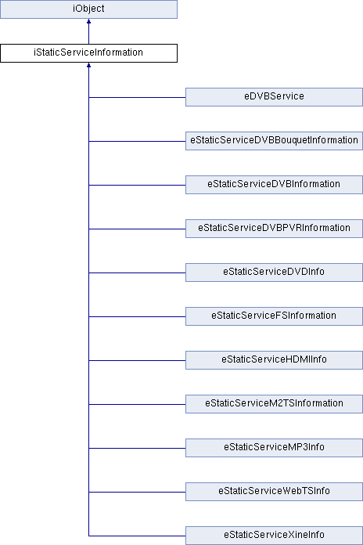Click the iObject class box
pos(88,9)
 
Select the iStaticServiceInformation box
pos(88,53)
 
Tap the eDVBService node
pos(274,97)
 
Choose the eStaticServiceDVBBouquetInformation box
pos(274,141)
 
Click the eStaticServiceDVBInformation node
pos(274,185)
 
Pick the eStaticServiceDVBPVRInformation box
pos(274,229)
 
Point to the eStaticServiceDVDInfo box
pos(274,272)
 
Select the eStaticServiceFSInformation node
pos(274,316)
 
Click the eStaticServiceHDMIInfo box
pos(274,359)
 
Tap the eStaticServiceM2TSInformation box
pos(274,403)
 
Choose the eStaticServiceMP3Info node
pos(274,447)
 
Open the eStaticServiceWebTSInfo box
pos(274,491)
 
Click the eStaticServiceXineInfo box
pos(274,536)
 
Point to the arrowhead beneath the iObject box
pos(88,21)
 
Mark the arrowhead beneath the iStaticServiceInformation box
pos(88,65)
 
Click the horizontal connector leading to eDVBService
pos(137,97)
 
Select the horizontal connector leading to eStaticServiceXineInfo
pos(137,536)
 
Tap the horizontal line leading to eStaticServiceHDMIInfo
pos(137,360)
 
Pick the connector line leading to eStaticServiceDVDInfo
pos(137,272)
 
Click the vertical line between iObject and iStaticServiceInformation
pos(88,34)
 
